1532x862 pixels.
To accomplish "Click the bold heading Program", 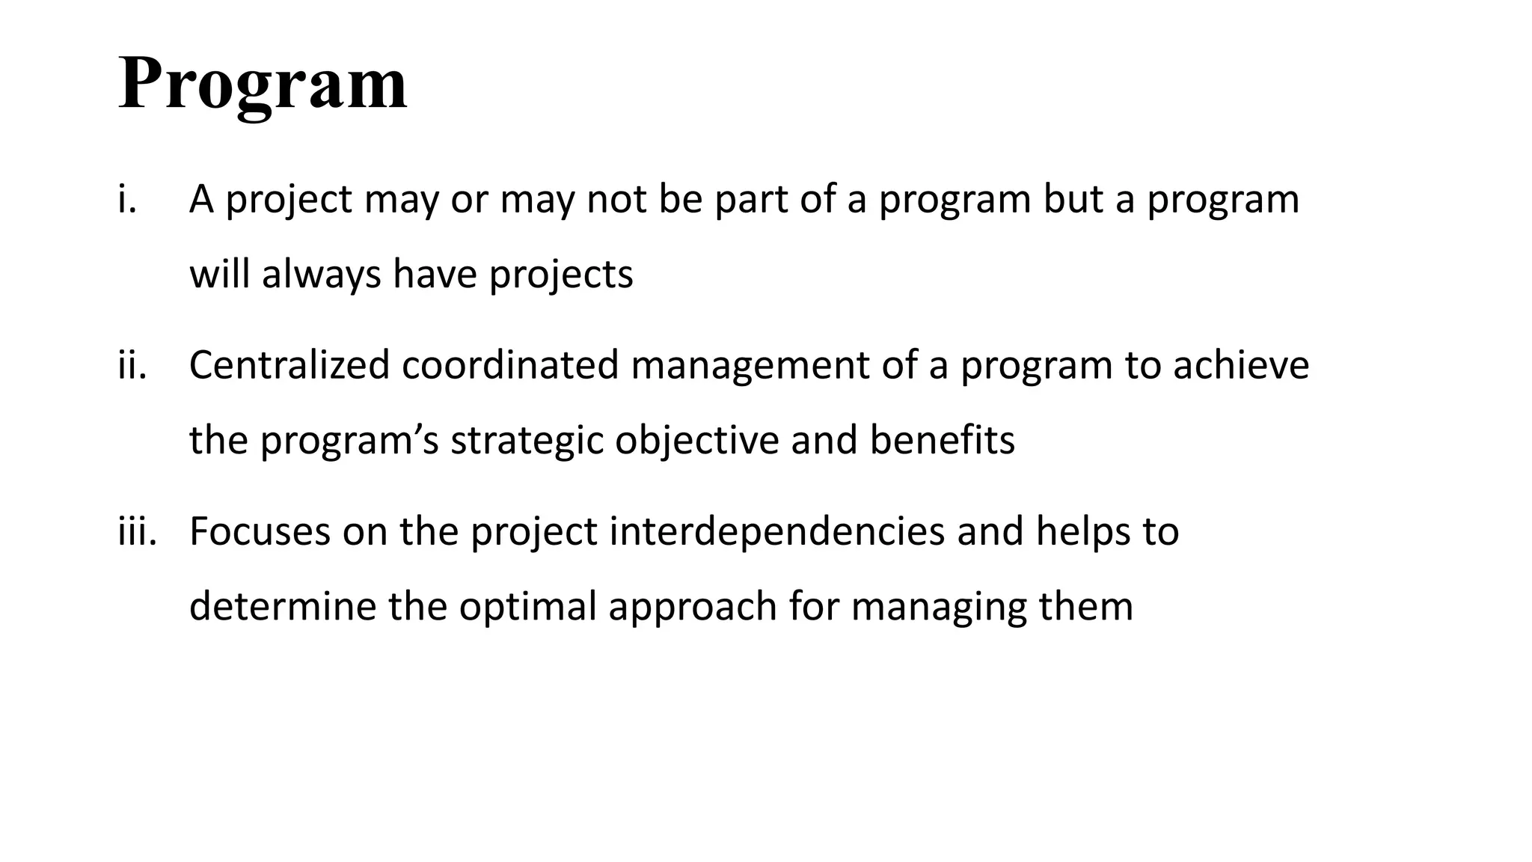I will click(x=263, y=84).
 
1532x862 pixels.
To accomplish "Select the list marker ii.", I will click(x=132, y=366).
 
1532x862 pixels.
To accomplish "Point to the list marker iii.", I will click(x=137, y=531).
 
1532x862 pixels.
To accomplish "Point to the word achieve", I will click(x=1241, y=366).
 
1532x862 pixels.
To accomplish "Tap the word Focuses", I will click(x=260, y=531).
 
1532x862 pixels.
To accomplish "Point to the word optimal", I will click(x=527, y=607).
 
